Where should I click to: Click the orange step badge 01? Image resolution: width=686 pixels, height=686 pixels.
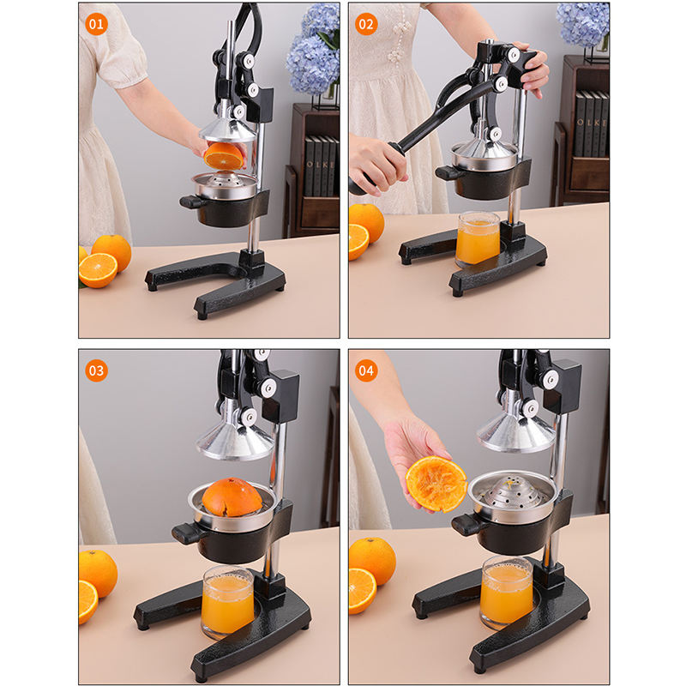(x=96, y=24)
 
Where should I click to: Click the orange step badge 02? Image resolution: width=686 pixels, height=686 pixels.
(x=366, y=24)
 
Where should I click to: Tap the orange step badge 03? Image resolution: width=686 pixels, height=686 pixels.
(x=96, y=370)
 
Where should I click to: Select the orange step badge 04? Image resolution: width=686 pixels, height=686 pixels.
(x=366, y=370)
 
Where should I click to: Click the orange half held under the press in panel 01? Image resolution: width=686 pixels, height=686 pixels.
(x=224, y=156)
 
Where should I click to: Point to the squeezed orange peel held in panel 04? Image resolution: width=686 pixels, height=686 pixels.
(x=436, y=484)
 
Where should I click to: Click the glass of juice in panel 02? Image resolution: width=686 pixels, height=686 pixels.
(x=478, y=239)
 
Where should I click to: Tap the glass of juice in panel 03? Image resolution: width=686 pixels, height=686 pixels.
(x=227, y=602)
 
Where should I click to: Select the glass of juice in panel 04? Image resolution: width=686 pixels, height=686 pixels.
(x=507, y=592)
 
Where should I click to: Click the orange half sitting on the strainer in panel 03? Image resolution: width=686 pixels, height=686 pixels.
(x=232, y=496)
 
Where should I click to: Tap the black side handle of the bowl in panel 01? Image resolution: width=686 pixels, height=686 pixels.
(x=191, y=202)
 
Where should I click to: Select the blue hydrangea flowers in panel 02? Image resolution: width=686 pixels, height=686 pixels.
(x=583, y=24)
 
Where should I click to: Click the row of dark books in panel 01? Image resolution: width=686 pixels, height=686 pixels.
(x=321, y=166)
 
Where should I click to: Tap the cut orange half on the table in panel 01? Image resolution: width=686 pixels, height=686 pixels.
(x=98, y=270)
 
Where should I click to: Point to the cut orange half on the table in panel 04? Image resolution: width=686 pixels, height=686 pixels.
(x=362, y=591)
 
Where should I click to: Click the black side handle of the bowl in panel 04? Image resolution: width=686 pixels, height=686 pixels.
(x=466, y=524)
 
